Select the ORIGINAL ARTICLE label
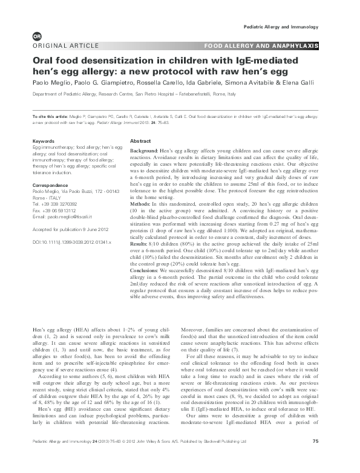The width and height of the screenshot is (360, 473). click(x=58, y=47)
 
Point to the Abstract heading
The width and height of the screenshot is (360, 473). click(x=140, y=140)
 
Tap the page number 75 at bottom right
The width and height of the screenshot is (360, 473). click(x=315, y=458)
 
